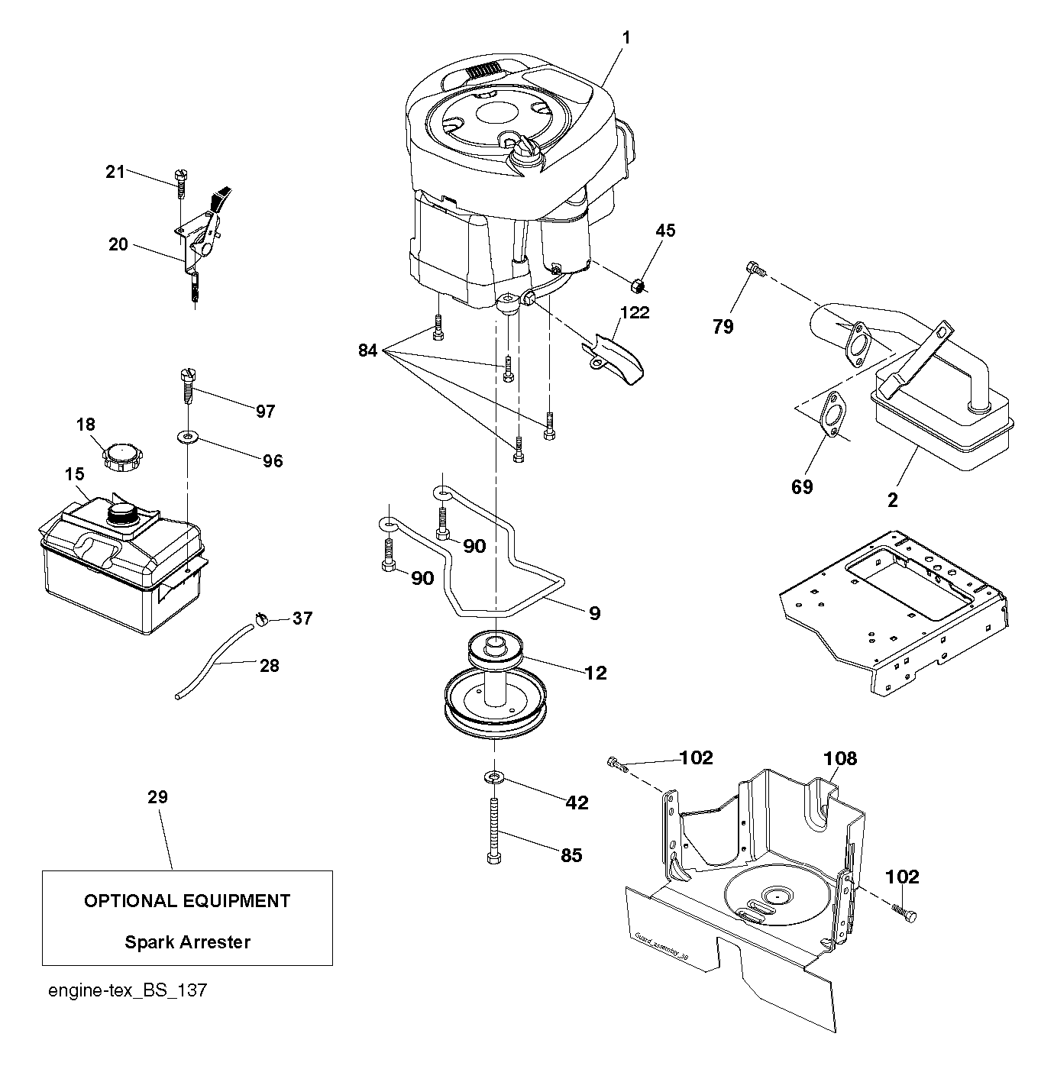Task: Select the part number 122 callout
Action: tap(635, 312)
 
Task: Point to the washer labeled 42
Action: tap(494, 777)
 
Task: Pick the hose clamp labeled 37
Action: tap(261, 619)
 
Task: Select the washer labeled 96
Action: tap(187, 437)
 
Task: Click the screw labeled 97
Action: tap(187, 387)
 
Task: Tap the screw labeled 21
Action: tap(181, 183)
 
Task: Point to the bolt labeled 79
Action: tap(755, 270)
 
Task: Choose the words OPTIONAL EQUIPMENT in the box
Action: tap(187, 902)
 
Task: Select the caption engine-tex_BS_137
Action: tap(128, 991)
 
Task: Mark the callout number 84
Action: tap(367, 350)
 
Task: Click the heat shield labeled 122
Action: tap(614, 360)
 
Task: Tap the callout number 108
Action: tap(840, 759)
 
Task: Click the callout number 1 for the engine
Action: tap(626, 38)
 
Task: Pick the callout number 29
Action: tap(157, 796)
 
